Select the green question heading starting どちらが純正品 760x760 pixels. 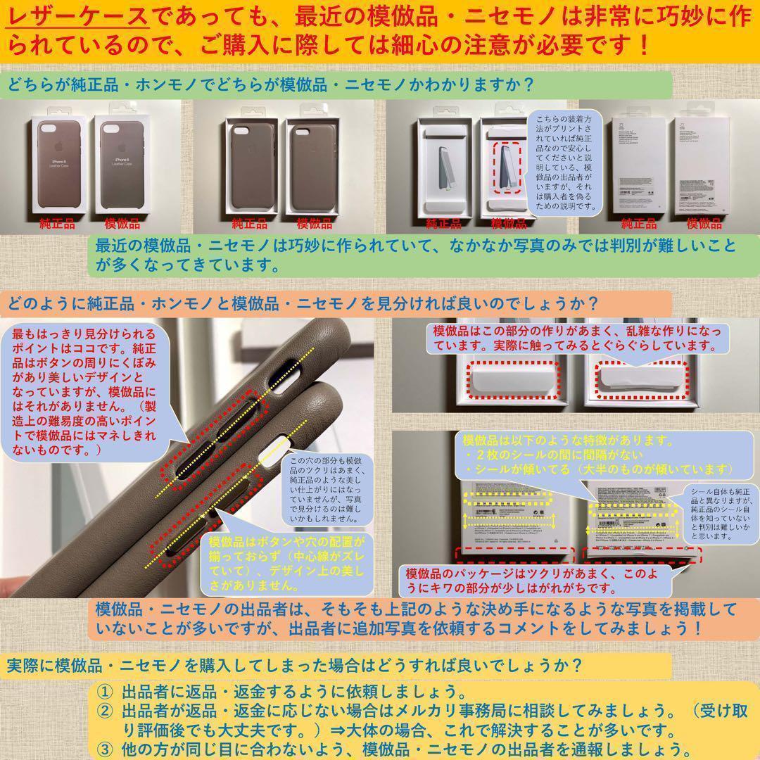(271, 84)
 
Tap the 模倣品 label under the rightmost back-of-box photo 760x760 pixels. (704, 224)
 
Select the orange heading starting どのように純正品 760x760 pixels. (303, 304)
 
